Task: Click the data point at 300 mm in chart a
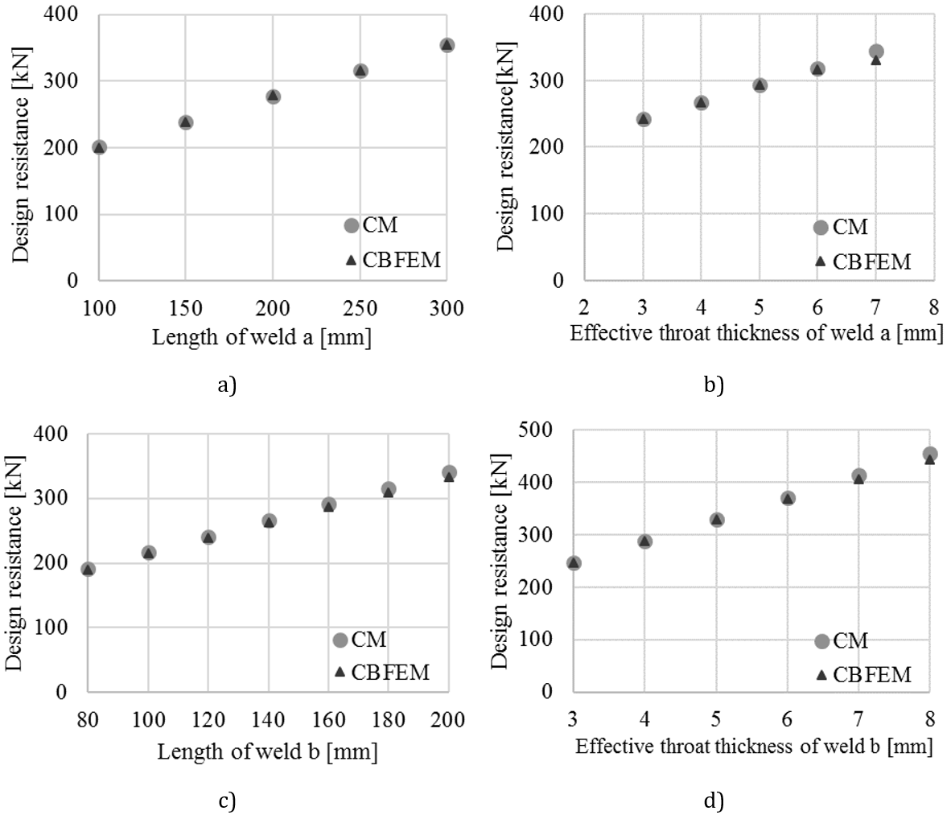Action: (447, 45)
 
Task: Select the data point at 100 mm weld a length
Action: (99, 147)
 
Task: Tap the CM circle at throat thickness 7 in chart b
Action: (876, 51)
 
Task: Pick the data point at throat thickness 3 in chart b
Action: (643, 119)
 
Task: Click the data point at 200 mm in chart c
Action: (449, 472)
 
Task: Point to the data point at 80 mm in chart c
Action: (89, 569)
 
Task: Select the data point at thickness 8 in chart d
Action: (929, 455)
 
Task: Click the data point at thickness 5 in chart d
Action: (716, 520)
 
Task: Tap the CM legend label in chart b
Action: (850, 228)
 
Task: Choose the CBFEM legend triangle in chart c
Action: (340, 672)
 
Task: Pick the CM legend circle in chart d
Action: (821, 641)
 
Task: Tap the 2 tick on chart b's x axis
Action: (584, 307)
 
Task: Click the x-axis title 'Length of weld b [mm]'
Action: (266, 752)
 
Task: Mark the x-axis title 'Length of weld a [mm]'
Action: (261, 338)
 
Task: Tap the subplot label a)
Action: (226, 385)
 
